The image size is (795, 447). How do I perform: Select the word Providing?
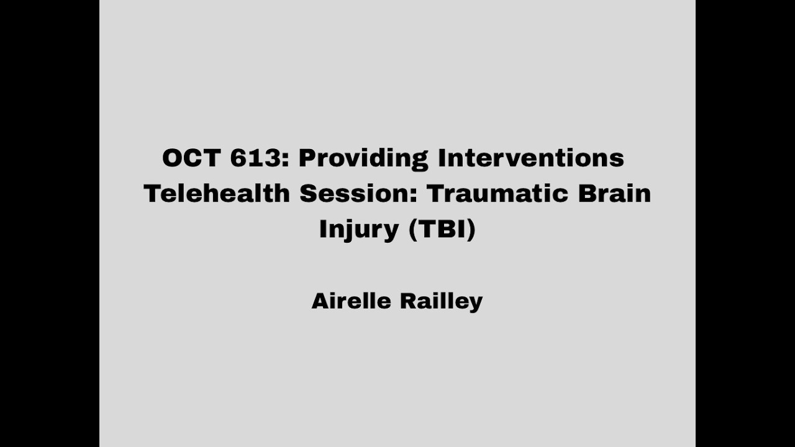pyautogui.click(x=363, y=159)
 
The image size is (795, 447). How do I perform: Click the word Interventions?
pyautogui.click(x=531, y=158)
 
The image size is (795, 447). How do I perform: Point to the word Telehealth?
pyautogui.click(x=217, y=193)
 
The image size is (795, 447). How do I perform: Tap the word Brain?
pyautogui.click(x=614, y=193)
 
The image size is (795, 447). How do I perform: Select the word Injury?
pyautogui.click(x=359, y=230)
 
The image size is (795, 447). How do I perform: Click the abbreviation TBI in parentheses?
pyautogui.click(x=442, y=228)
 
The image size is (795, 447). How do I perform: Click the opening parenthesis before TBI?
pyautogui.click(x=412, y=229)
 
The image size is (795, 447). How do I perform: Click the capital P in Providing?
pyautogui.click(x=307, y=158)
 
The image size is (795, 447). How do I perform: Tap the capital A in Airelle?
pyautogui.click(x=320, y=301)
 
